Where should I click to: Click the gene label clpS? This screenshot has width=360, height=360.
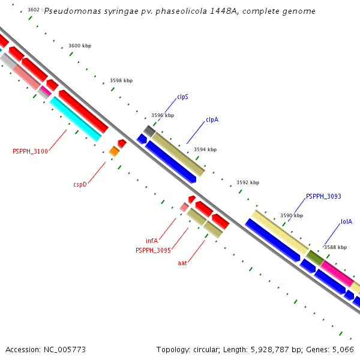click(182, 97)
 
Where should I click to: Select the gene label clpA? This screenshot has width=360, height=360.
click(212, 119)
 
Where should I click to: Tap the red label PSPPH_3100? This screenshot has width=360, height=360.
click(30, 151)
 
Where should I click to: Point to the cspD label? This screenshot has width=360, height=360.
click(80, 184)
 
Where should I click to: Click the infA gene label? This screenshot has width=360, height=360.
click(151, 241)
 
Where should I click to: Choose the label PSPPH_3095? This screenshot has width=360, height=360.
click(153, 250)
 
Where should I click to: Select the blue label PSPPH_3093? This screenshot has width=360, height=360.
click(323, 196)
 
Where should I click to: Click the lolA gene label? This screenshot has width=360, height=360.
click(346, 221)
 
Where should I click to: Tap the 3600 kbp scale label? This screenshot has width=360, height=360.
click(80, 46)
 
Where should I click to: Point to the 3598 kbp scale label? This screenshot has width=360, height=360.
click(121, 80)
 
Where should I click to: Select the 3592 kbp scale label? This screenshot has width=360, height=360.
click(248, 182)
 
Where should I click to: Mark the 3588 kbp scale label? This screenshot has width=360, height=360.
click(335, 247)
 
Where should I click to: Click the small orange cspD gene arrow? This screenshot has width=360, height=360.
click(114, 151)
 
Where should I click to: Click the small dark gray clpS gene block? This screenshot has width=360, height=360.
click(149, 130)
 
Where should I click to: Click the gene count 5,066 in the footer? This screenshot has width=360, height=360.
click(343, 349)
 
